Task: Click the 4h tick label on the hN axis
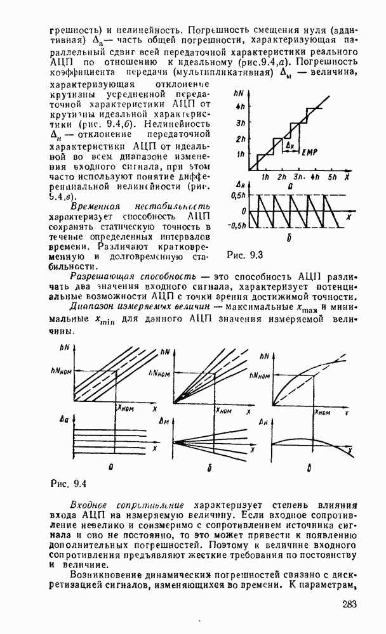241,107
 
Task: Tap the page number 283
349,604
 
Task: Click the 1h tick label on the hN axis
241,154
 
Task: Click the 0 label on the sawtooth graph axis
243,209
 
